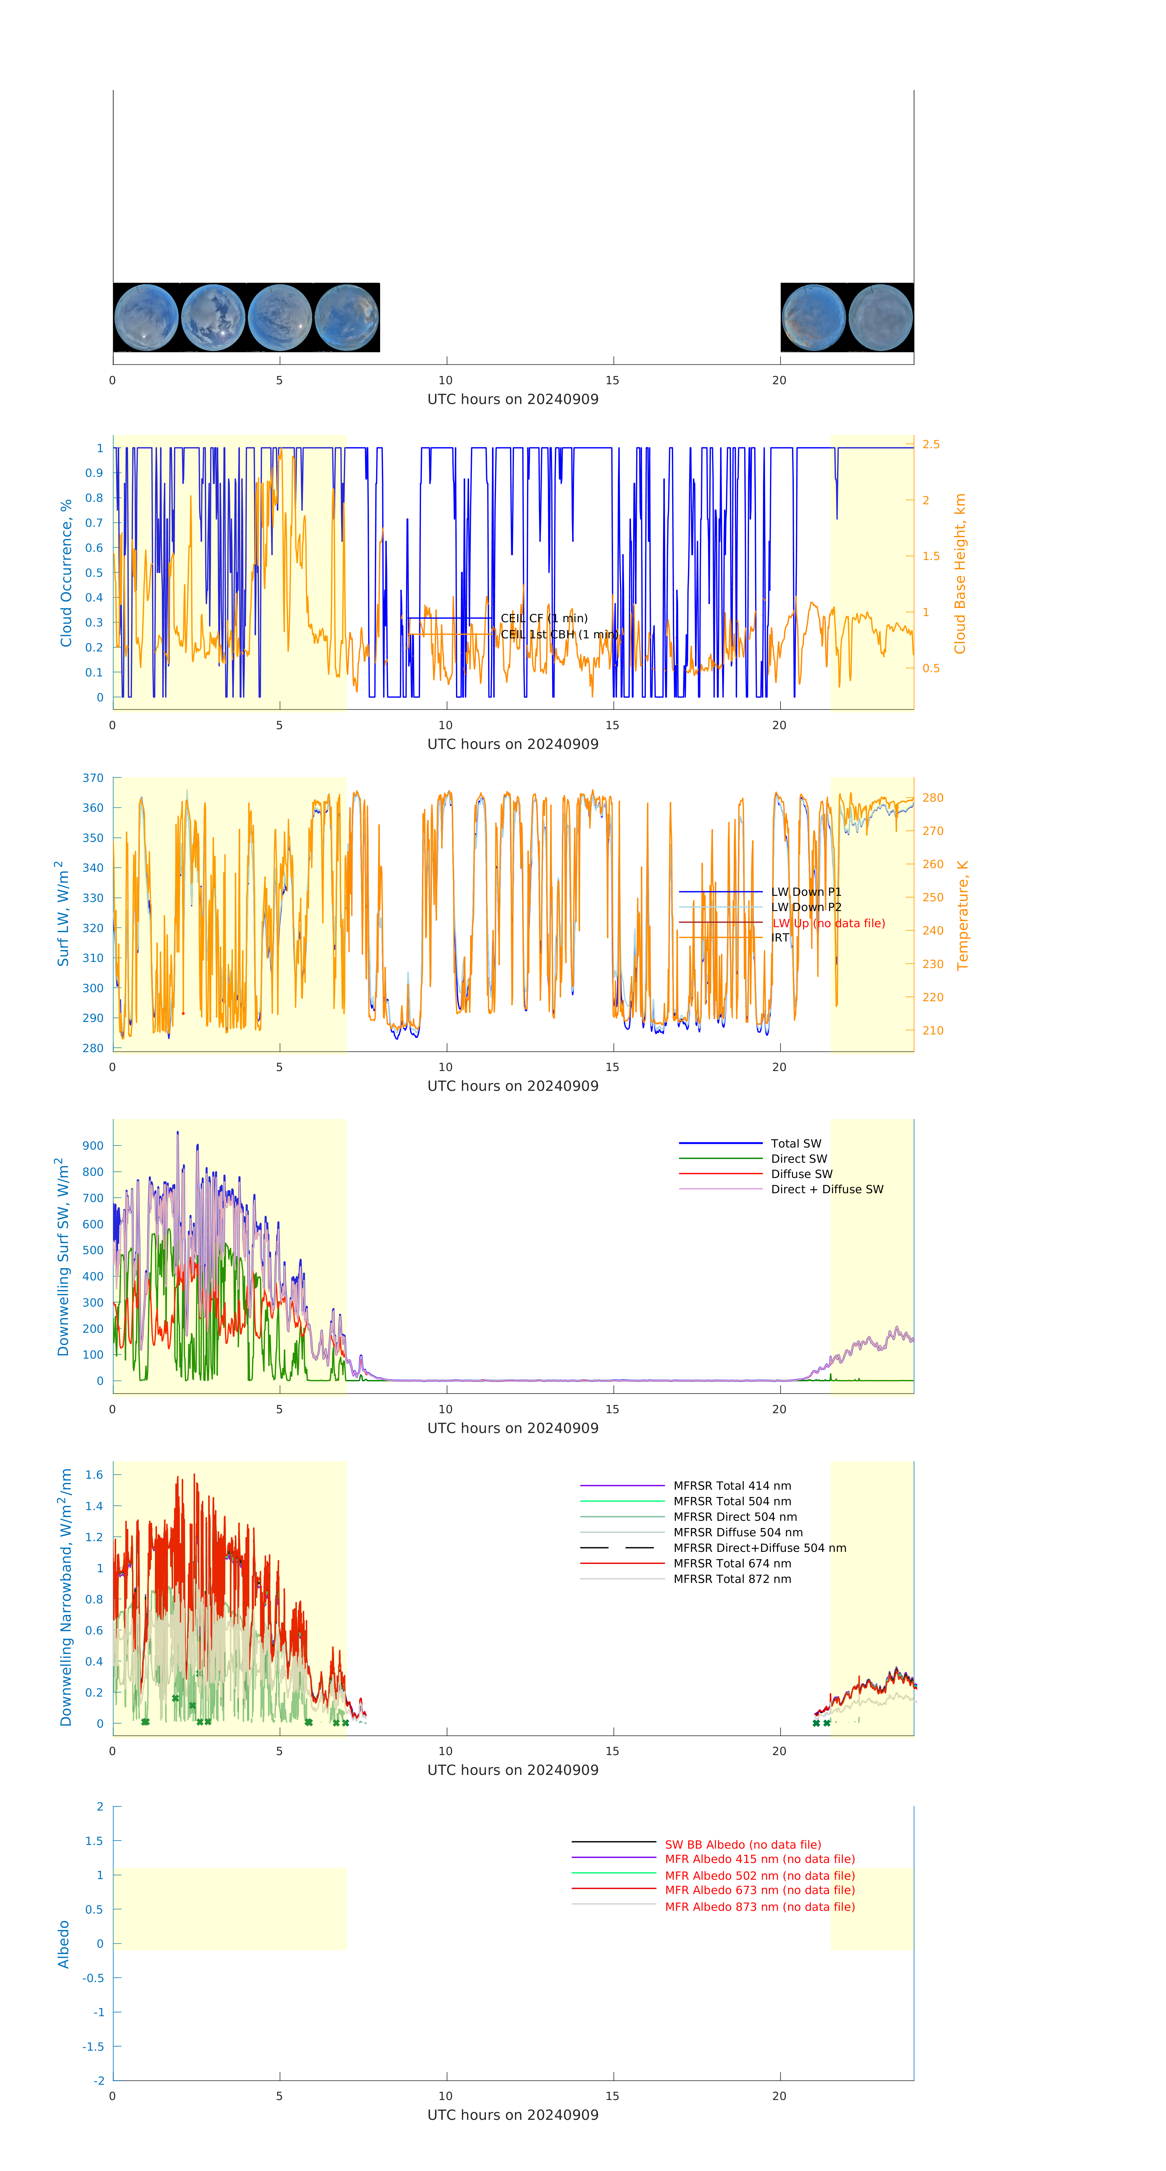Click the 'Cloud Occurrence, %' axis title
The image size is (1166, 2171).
coord(66,573)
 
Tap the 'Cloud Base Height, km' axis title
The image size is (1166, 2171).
coord(959,573)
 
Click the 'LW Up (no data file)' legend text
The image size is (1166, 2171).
coord(828,923)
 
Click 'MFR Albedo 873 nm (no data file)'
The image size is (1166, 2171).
coord(759,1907)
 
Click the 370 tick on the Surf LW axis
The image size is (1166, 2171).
coord(94,778)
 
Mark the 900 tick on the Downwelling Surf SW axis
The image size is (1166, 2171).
coord(94,1145)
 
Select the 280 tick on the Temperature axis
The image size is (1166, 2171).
coord(932,797)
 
